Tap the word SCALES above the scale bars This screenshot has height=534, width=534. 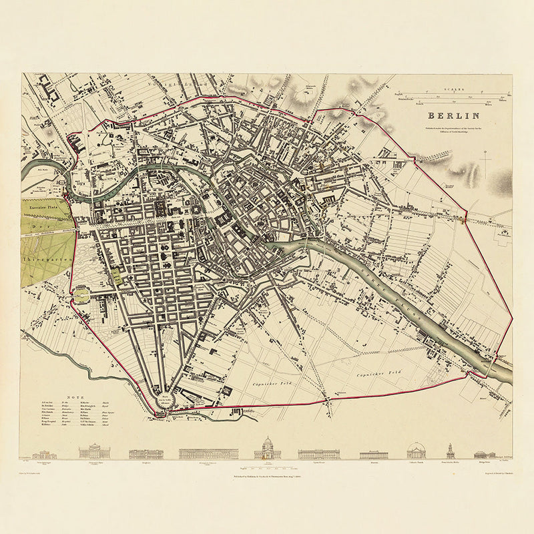coord(453,86)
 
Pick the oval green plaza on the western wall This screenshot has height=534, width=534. coord(82,294)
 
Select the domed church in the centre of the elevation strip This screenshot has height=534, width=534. coord(267,449)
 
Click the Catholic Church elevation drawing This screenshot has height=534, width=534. coord(416,451)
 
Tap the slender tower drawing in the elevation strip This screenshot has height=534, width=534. coord(451,451)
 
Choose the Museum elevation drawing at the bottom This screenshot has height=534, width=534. coord(374,454)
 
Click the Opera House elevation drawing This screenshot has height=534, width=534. coord(318,453)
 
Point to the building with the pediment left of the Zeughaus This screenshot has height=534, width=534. coord(93,453)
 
